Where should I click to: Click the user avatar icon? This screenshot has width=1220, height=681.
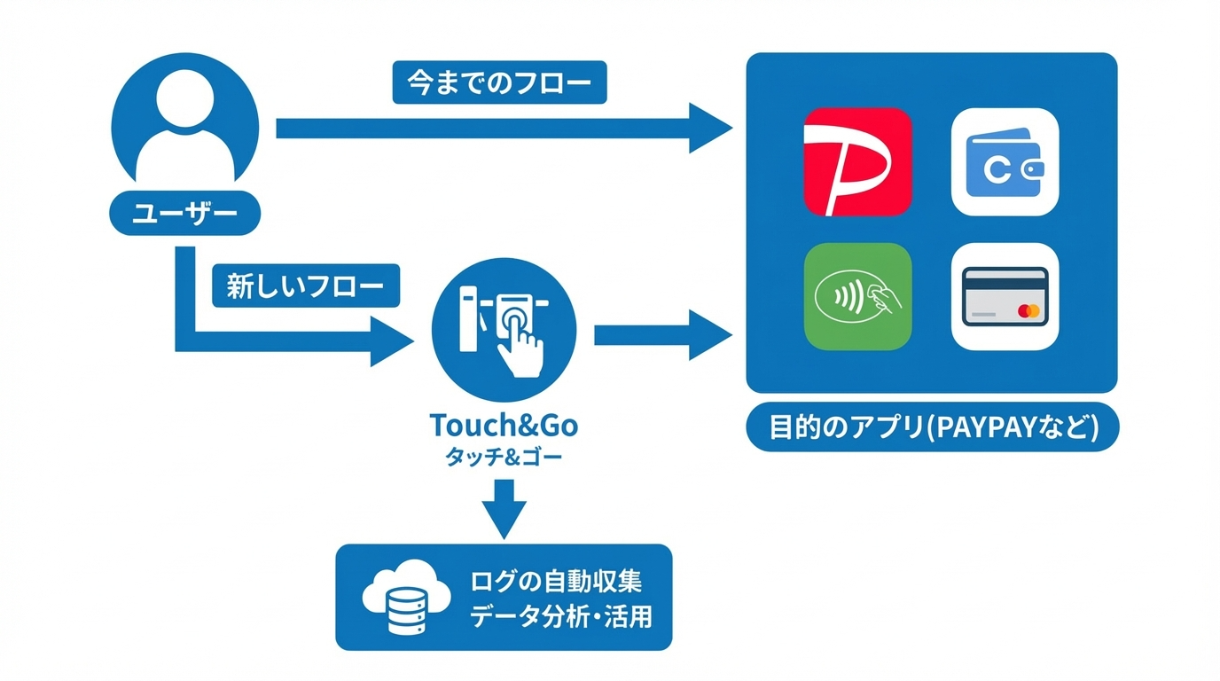[x=186, y=124]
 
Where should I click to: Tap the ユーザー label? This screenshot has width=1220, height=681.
[x=184, y=215]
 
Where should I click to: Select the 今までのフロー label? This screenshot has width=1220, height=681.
[x=499, y=82]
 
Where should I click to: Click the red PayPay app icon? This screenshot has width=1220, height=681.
[x=857, y=161]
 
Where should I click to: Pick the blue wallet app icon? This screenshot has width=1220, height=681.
[x=1005, y=161]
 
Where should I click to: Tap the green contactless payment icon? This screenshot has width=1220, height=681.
[x=857, y=296]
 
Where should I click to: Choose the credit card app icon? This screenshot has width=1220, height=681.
[x=1005, y=296]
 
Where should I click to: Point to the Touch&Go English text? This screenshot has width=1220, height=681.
[x=504, y=426]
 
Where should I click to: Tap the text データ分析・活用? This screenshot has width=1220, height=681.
[x=560, y=616]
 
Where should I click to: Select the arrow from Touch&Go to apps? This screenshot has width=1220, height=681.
[x=661, y=334]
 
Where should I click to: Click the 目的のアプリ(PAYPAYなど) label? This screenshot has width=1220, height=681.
[x=933, y=428]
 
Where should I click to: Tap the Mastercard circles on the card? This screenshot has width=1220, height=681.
[x=1028, y=311]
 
